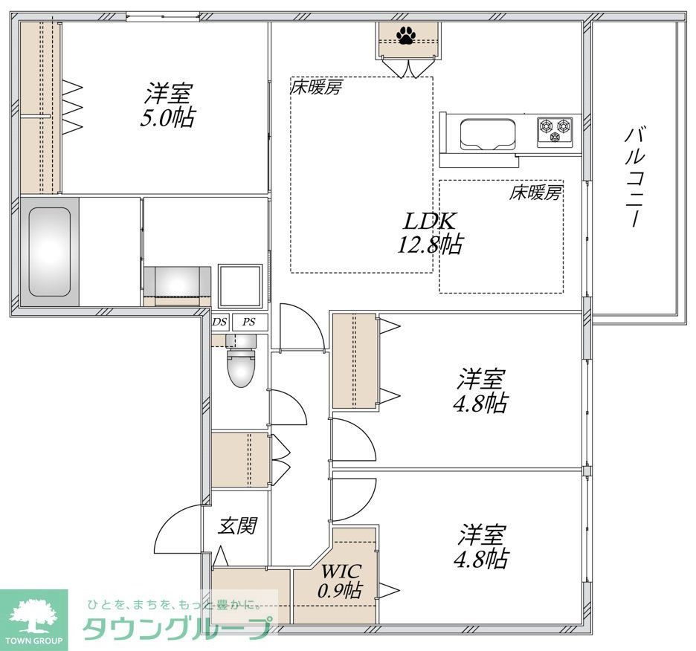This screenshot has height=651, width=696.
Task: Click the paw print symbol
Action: click(406, 35)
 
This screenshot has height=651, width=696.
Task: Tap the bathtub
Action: click(49, 252)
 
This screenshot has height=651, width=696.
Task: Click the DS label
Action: click(219, 323)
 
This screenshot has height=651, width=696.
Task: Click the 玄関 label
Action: click(237, 526)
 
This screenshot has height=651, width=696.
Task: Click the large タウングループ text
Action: click(175, 629)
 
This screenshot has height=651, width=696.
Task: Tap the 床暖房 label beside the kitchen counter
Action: click(535, 193)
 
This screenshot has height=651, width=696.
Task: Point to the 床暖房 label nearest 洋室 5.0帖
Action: click(316, 88)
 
